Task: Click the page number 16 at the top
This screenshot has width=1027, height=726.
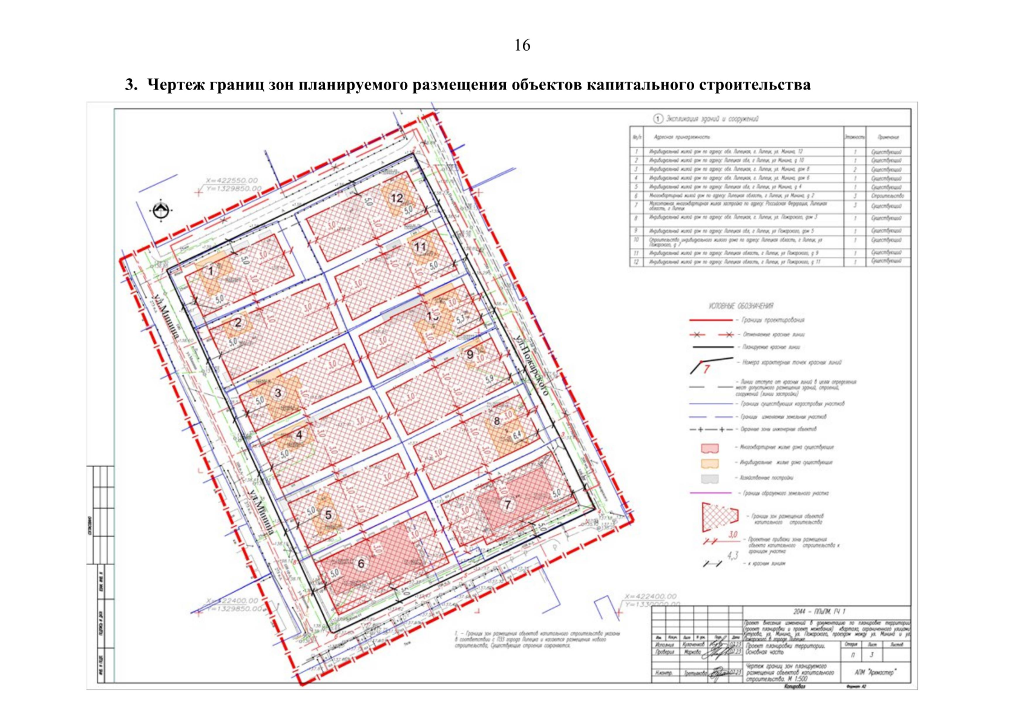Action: tap(522, 45)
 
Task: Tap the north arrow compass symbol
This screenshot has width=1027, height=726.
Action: tap(160, 211)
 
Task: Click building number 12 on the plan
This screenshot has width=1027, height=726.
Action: tap(397, 198)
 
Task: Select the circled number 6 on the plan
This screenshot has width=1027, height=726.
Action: tap(361, 564)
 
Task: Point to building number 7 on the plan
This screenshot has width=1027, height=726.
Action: tap(507, 505)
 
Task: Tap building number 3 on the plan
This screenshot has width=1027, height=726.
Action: tap(278, 393)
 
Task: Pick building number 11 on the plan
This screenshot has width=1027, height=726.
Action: tap(420, 247)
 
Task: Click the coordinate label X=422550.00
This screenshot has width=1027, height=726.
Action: tap(231, 180)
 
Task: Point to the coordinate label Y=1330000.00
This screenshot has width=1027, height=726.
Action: tap(651, 604)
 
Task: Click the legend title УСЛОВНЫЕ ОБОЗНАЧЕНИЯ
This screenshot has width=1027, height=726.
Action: tap(741, 306)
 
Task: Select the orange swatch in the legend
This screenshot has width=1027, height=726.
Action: tap(709, 463)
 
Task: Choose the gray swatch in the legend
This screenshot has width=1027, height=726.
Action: tap(709, 479)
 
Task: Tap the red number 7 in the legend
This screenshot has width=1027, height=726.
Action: tap(706, 369)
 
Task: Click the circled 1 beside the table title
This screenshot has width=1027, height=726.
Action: tap(658, 119)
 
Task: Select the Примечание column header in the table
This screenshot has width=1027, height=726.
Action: tap(887, 137)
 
